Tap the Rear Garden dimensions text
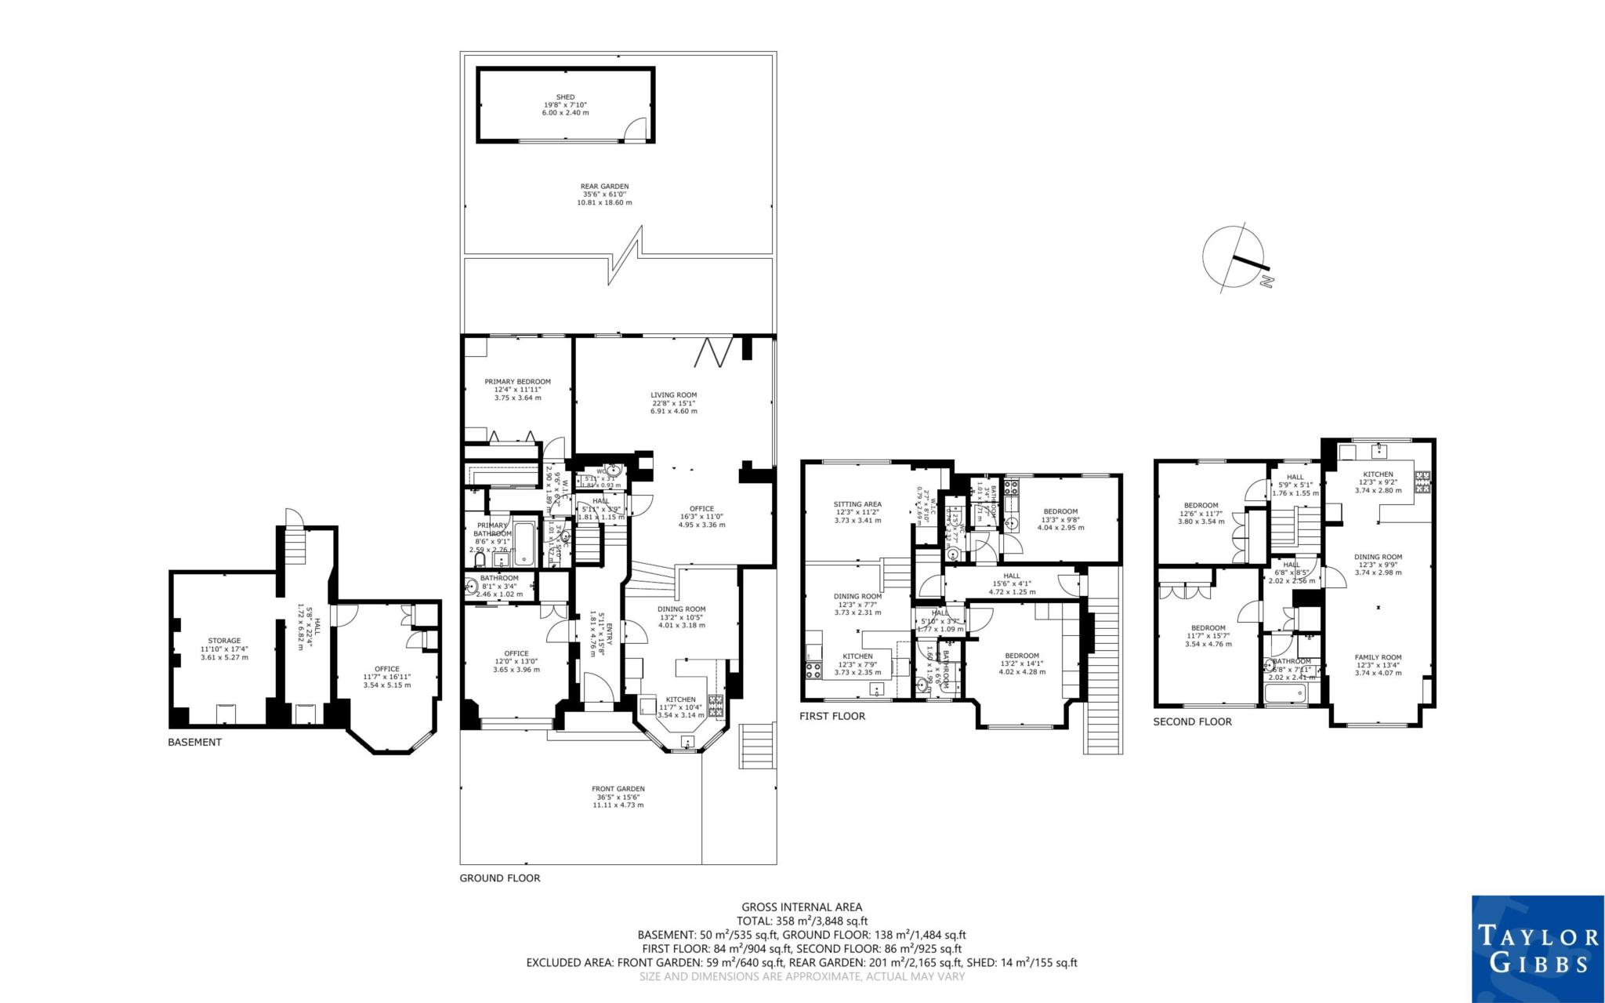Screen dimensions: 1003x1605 tap(604, 198)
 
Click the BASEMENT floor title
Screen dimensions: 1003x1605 tap(194, 742)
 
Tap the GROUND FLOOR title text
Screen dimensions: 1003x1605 tap(500, 878)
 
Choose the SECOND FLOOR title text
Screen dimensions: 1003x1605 tap(1192, 721)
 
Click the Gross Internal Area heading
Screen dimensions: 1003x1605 tap(802, 907)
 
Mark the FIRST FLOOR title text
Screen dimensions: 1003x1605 tap(832, 716)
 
